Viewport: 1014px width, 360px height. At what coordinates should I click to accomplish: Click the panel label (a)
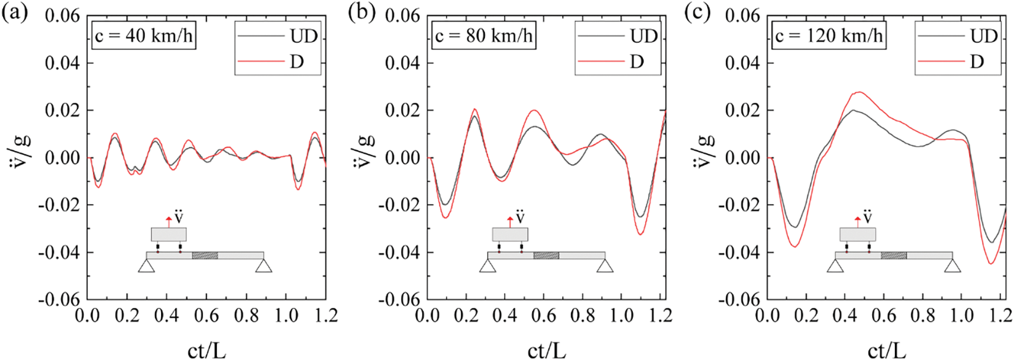[x=14, y=14]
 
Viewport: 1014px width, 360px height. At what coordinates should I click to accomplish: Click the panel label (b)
[x=358, y=14]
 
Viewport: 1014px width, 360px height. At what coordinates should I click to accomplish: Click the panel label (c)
[x=698, y=14]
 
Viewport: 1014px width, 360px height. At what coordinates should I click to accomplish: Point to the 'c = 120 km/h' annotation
[x=828, y=36]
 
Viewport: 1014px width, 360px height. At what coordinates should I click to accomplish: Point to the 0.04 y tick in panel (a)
[x=63, y=63]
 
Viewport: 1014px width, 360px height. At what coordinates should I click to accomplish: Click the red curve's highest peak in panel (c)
[x=859, y=92]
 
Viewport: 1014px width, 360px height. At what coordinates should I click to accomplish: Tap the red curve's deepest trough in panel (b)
[x=640, y=234]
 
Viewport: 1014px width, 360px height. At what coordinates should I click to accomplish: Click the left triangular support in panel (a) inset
[x=146, y=265]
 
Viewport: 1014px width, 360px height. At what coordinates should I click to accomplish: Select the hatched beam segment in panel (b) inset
[x=546, y=255]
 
